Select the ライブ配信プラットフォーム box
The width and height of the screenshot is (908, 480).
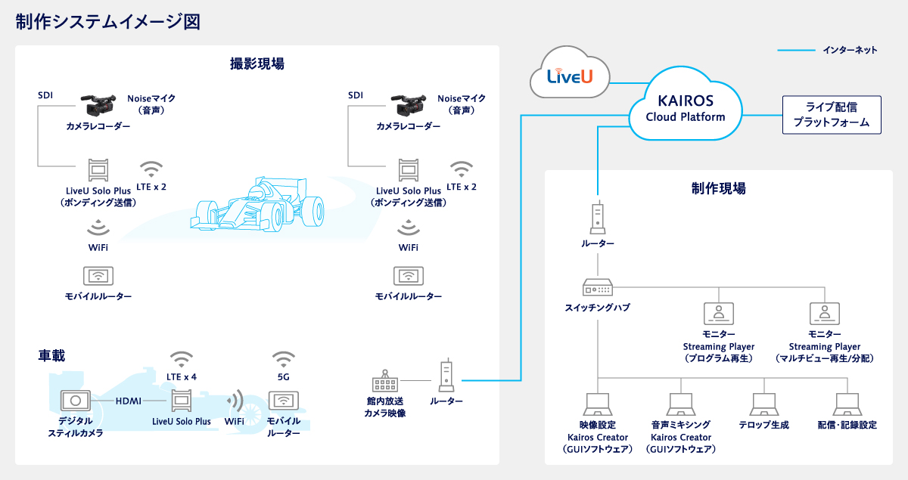click(x=832, y=114)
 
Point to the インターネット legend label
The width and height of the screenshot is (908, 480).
click(x=850, y=50)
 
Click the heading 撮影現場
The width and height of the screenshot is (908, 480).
click(x=257, y=63)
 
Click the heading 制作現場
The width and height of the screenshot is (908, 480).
click(x=718, y=188)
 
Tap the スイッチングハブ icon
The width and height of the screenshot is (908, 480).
click(x=598, y=288)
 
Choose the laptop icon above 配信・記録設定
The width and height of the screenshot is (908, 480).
click(x=847, y=404)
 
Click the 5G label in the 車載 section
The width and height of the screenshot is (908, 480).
click(x=284, y=376)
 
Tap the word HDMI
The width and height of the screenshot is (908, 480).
click(x=129, y=401)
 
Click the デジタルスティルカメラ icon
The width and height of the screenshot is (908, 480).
click(x=76, y=401)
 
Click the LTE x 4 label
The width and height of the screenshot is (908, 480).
click(x=182, y=376)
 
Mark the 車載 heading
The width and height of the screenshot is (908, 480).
click(x=52, y=355)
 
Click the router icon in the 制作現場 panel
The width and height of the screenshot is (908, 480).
click(x=598, y=218)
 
